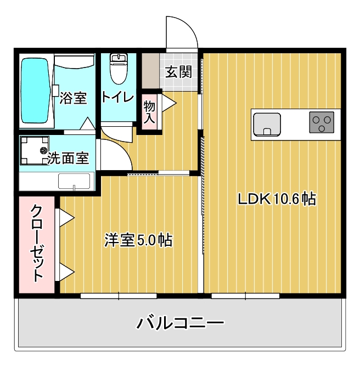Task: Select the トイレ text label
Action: pos(117,98)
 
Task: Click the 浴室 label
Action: pos(73,99)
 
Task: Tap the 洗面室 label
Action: pos(68,159)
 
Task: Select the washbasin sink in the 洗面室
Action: pos(74,181)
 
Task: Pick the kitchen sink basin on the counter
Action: pos(267,124)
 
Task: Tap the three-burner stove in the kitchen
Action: pos(322,122)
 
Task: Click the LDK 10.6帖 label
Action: pos(276,199)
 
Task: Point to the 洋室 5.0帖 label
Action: pos(138,240)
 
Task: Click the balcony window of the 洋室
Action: pos(119,296)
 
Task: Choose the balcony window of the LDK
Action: pos(245,296)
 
